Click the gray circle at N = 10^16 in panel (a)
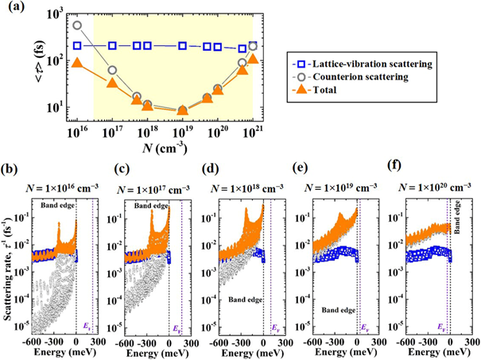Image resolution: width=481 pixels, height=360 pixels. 77,25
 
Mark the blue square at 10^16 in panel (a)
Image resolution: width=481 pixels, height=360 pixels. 77,45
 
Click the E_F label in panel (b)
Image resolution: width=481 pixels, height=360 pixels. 87,326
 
